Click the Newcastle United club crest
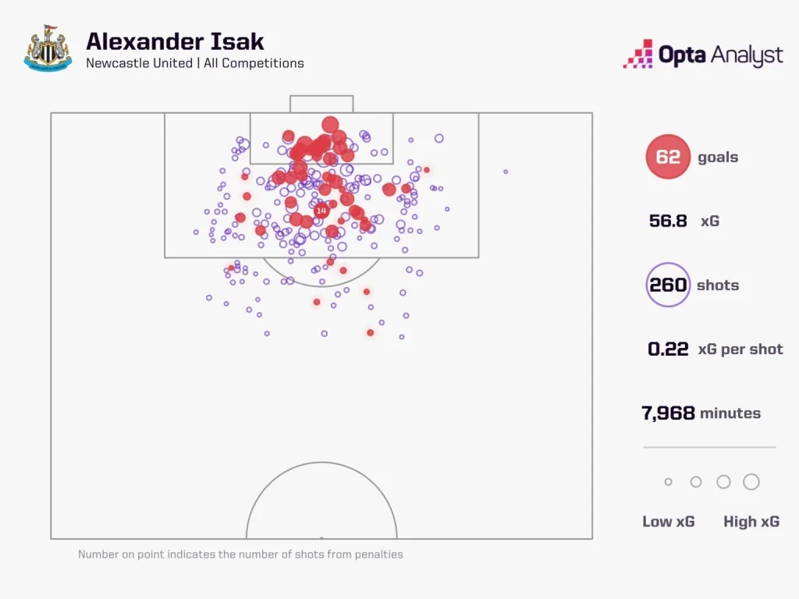tap(48, 49)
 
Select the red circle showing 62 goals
tap(668, 157)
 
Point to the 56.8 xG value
tap(668, 221)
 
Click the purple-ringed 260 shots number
tap(668, 285)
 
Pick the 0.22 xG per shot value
tap(668, 349)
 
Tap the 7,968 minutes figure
tap(668, 413)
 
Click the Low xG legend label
tap(668, 522)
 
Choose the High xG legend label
tap(751, 522)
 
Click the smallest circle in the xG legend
tap(668, 482)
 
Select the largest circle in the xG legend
tap(751, 482)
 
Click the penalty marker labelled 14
tap(321, 211)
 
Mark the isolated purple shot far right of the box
tap(506, 172)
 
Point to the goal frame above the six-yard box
tap(321, 104)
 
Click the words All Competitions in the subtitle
tap(254, 63)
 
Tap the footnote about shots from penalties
tap(240, 555)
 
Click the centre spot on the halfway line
tap(321, 537)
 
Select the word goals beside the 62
tap(718, 157)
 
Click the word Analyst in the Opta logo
tap(744, 55)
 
